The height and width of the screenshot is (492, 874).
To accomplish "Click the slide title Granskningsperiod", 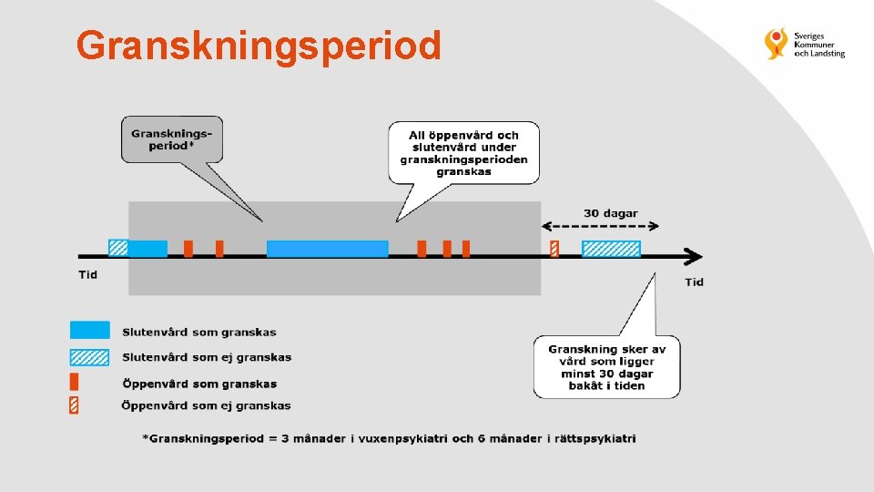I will tap(259, 45).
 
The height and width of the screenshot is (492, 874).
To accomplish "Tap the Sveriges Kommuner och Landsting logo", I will tap(805, 44).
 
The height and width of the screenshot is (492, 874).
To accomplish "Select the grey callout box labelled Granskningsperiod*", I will tap(171, 139).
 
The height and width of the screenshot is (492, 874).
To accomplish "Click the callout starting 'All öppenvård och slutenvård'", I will tap(463, 153).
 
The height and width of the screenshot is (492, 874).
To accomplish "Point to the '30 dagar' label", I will tap(610, 213).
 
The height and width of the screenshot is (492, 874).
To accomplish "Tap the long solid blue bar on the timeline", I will tap(327, 249).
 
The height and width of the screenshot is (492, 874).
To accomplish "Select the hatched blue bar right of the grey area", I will tap(611, 249).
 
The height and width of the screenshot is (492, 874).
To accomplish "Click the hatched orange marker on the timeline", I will tap(554, 249).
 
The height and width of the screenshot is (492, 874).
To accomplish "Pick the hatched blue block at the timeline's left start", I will tap(118, 248).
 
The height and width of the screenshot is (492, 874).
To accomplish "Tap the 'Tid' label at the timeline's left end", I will tap(87, 274).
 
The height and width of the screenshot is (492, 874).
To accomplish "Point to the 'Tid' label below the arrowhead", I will tap(694, 282).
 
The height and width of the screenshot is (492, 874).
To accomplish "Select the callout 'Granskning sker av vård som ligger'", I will tap(606, 367).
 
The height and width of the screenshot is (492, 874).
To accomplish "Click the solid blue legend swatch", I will tap(89, 331).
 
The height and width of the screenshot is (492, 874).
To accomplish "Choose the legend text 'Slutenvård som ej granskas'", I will tap(207, 357).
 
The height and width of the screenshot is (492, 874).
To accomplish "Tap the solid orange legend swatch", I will tap(74, 382).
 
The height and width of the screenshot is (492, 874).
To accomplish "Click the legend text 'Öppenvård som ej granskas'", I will tap(207, 405).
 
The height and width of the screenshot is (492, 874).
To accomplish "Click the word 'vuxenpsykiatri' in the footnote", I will tap(403, 439).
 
